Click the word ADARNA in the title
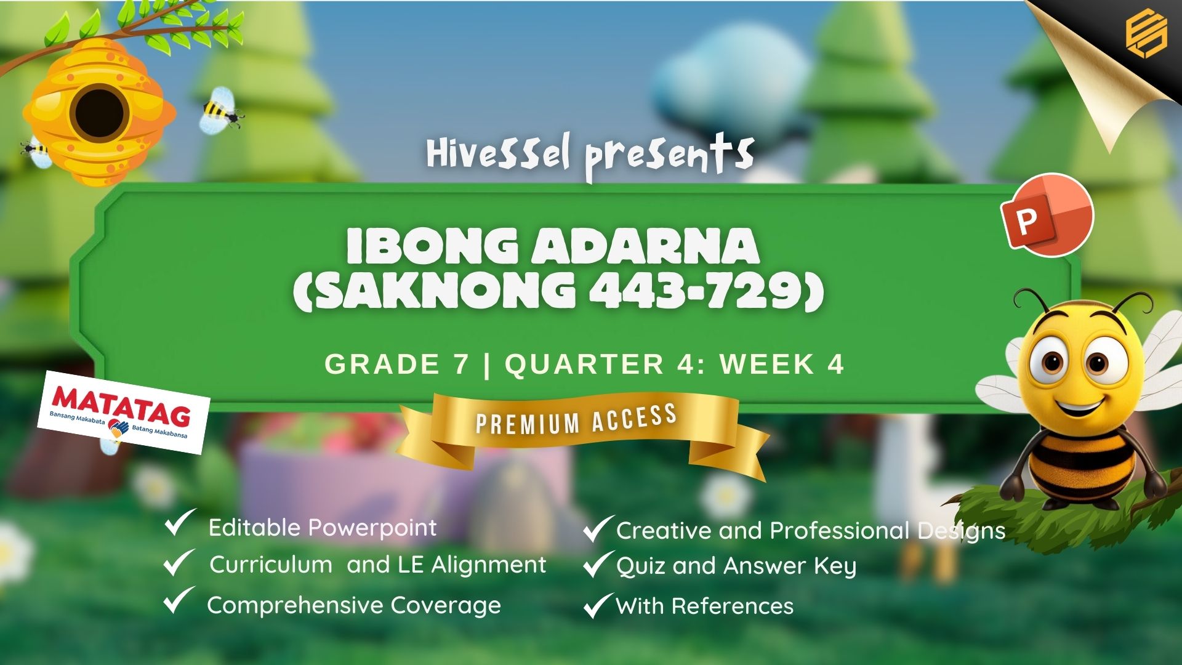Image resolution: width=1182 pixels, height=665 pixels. pos(646,246)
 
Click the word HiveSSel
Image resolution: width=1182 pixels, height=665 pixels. pos(498,155)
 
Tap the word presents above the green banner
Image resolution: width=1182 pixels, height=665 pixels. pos(670,157)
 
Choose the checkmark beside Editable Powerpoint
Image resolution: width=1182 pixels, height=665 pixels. pos(180,523)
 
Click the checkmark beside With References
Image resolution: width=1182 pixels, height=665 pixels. pos(598,605)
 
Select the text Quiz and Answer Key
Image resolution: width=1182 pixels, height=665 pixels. pos(736,566)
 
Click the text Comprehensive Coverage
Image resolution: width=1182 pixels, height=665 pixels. pos(354,606)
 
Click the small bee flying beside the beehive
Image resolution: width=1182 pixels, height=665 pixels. pos(220,110)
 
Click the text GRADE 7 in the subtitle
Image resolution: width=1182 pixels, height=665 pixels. pos(397,365)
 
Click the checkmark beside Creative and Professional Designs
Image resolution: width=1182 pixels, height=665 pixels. pos(598,529)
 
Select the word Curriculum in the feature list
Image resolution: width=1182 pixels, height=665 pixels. pos(271,565)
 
